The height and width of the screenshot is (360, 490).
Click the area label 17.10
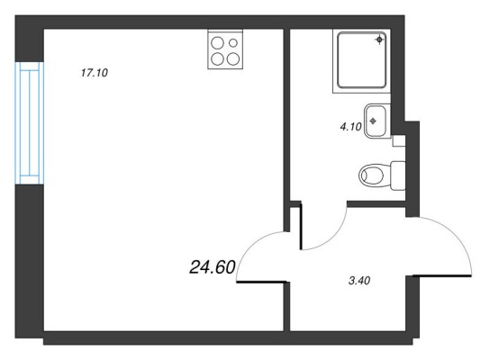pyautogui.click(x=95, y=73)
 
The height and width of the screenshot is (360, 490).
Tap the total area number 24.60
pyautogui.click(x=213, y=267)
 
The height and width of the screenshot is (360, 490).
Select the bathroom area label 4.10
pyautogui.click(x=350, y=127)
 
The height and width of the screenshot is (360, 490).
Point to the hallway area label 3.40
pyautogui.click(x=359, y=281)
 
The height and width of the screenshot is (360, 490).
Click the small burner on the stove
pyautogui.click(x=233, y=43)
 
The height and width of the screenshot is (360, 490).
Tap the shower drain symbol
pyautogui.click(x=380, y=40)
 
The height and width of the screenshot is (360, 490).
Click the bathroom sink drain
pyautogui.click(x=373, y=121)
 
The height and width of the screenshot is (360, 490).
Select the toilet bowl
pyautogui.click(x=372, y=175)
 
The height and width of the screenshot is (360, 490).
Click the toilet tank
pyautogui.click(x=398, y=175)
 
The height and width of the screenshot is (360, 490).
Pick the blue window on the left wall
pyautogui.click(x=30, y=123)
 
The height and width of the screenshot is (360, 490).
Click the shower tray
pyautogui.click(x=361, y=60)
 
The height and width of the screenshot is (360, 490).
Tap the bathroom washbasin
pyautogui.click(x=377, y=121)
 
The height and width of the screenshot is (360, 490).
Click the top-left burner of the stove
pyautogui.click(x=217, y=43)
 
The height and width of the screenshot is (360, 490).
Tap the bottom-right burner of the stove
pyautogui.click(x=233, y=58)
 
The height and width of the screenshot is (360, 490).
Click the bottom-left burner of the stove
pyautogui.click(x=217, y=58)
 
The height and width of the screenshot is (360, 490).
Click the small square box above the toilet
pyautogui.click(x=399, y=140)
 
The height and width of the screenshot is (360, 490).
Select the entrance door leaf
pyautogui.click(x=442, y=275)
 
